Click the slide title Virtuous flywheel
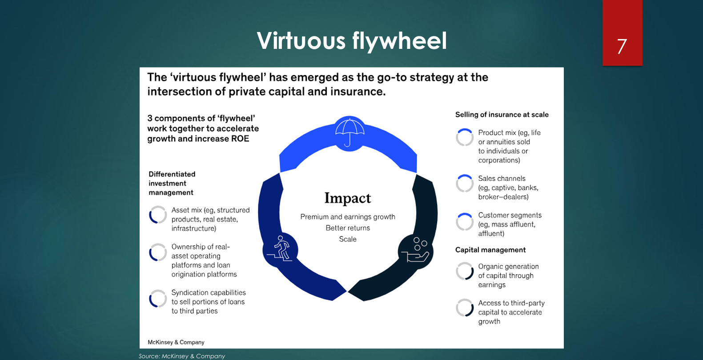click(352, 41)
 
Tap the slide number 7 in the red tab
click(622, 46)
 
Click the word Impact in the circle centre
click(348, 198)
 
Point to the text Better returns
click(348, 228)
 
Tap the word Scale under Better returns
click(348, 239)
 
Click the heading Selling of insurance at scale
click(502, 115)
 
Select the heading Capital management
click(490, 250)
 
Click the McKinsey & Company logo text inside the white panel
click(176, 342)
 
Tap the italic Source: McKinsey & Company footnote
click(182, 356)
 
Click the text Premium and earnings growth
click(348, 217)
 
